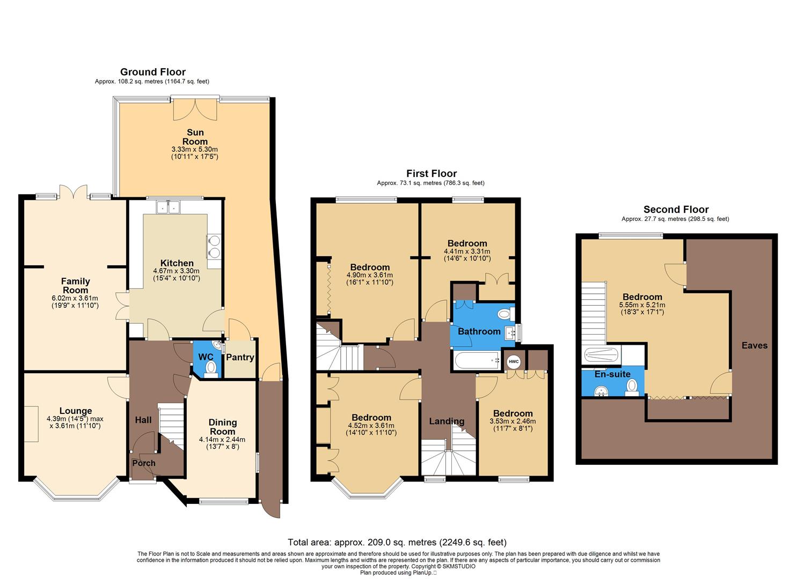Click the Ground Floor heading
tap(152, 72)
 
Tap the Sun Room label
tap(195, 137)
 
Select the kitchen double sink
tap(168, 206)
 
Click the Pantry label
tap(240, 357)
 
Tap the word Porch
tap(144, 463)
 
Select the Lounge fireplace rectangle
tap(31, 424)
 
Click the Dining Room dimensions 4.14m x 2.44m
tap(222, 440)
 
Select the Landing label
tap(447, 421)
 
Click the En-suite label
tap(612, 374)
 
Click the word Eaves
tap(755, 345)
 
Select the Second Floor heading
tap(676, 210)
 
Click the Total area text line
tap(397, 542)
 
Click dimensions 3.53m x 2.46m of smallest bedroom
tap(513, 421)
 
